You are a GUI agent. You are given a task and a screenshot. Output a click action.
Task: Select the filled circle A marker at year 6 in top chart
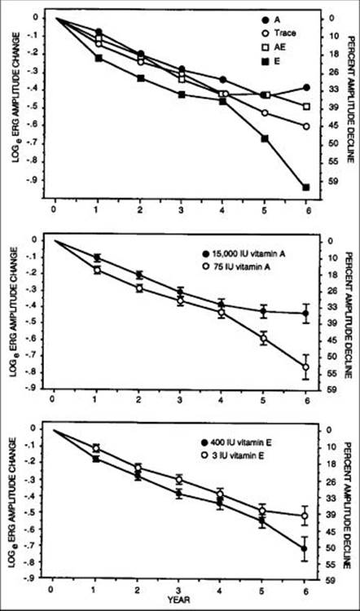[306, 87]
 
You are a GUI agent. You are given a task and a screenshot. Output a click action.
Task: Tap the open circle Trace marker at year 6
[306, 126]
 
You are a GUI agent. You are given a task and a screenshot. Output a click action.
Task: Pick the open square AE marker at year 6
[306, 107]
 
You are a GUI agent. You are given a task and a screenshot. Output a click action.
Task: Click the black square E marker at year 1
[99, 59]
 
